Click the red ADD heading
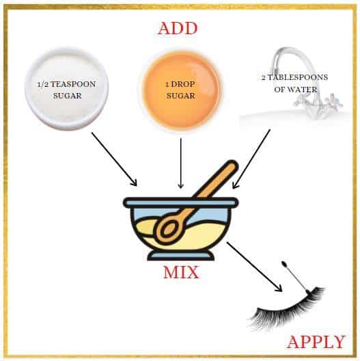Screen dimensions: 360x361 tap(178, 29)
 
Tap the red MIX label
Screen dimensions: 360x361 tap(181, 272)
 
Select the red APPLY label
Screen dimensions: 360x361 tap(316, 342)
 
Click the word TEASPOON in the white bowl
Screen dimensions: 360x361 tap(73, 84)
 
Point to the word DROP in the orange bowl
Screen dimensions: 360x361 tap(183, 84)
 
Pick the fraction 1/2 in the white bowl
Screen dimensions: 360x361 tap(43, 85)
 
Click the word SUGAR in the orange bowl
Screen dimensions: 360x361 tap(181, 96)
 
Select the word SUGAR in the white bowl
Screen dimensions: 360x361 tap(68, 96)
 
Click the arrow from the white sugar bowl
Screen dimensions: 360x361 tap(114, 159)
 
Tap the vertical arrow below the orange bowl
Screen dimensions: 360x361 tap(181, 163)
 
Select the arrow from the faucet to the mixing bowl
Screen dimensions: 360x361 tap(251, 159)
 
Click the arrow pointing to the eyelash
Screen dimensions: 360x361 tap(254, 267)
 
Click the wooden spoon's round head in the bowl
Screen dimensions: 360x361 tap(169, 228)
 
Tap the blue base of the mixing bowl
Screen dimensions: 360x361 tap(181, 255)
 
